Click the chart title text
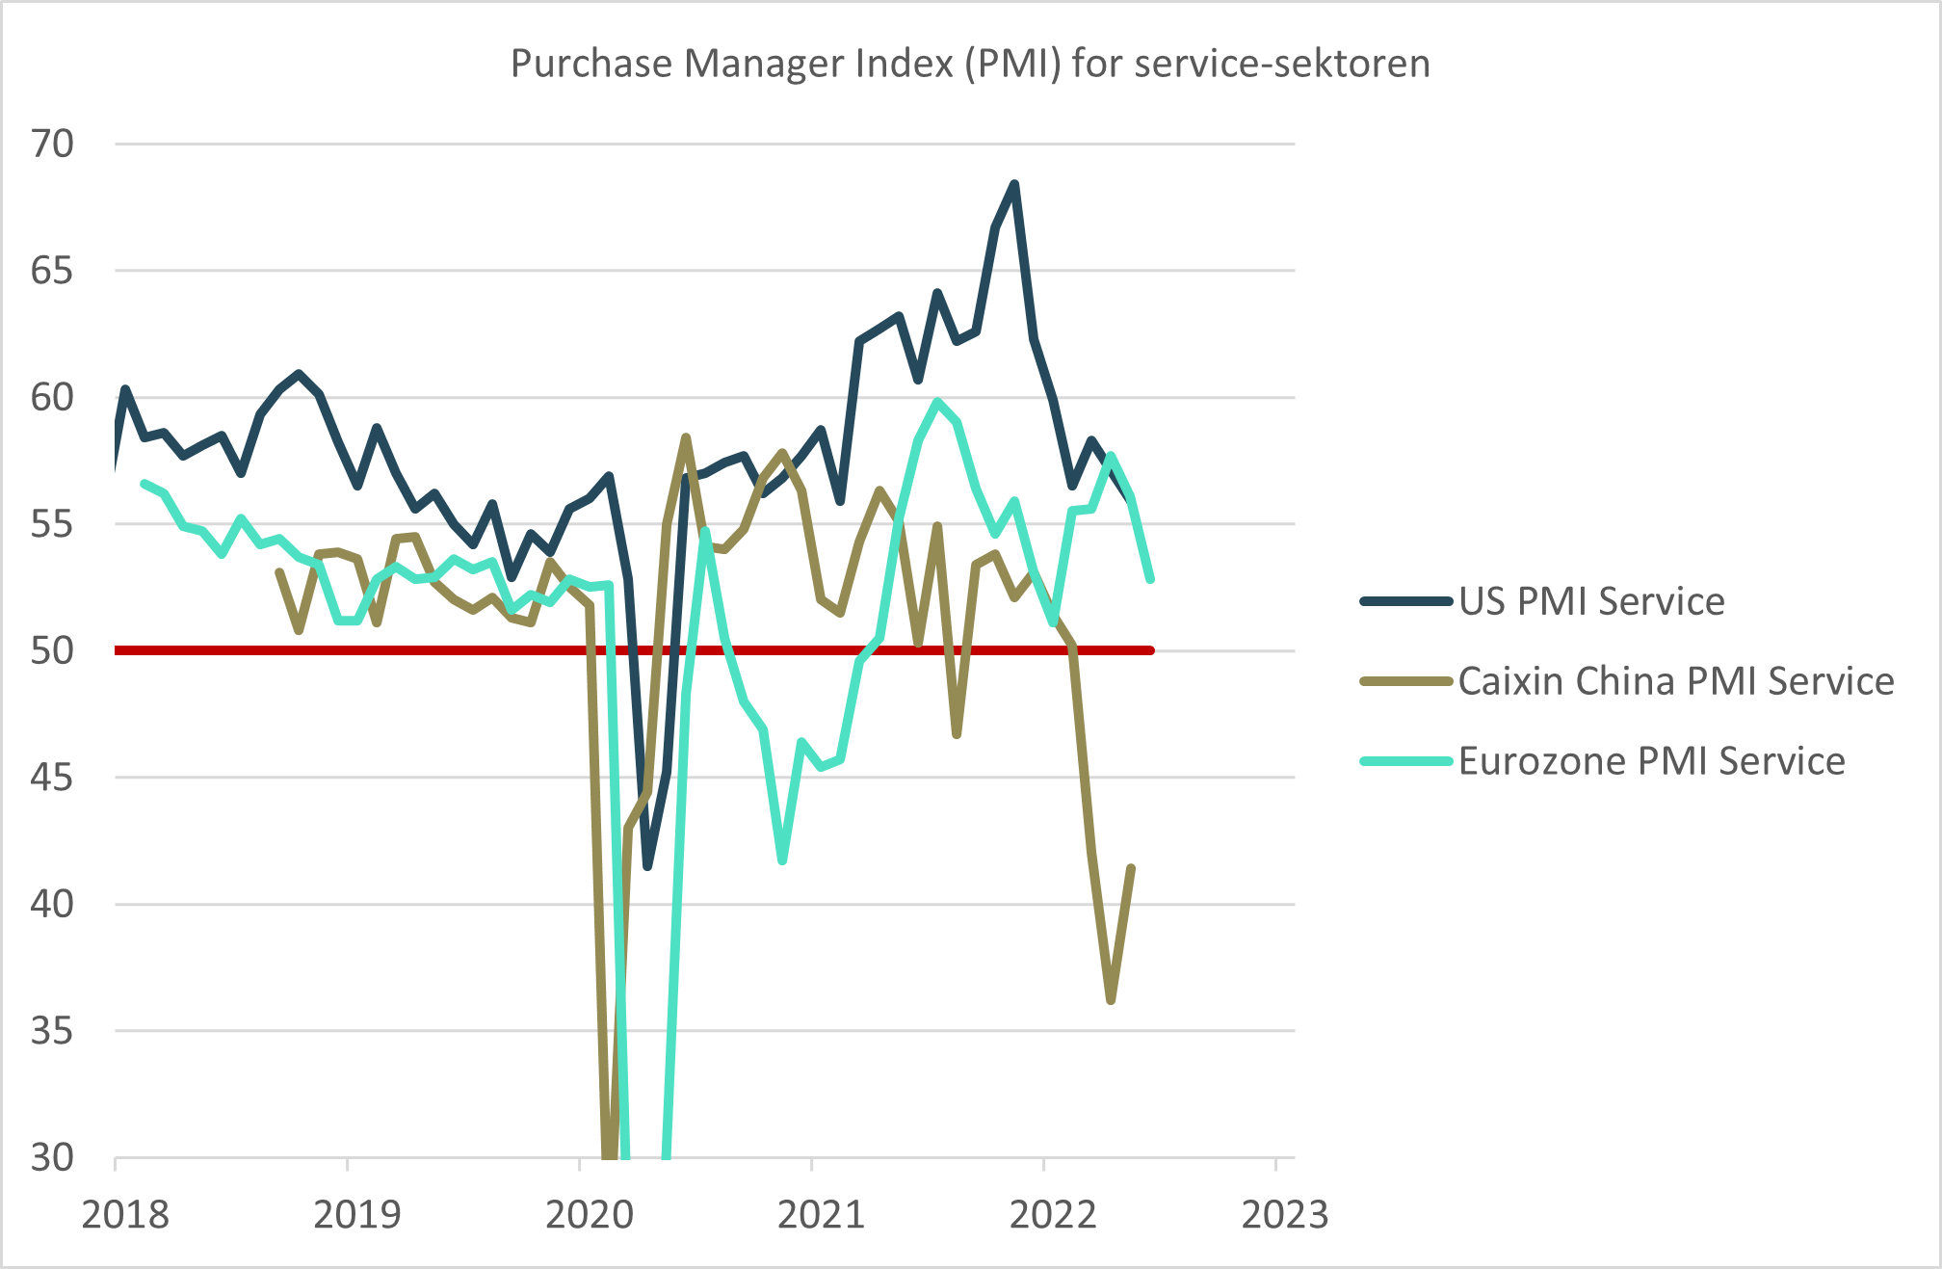pos(970,64)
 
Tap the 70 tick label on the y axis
pos(52,145)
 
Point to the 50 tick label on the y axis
pos(52,651)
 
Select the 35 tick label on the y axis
pos(52,1031)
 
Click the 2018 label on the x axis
pos(125,1215)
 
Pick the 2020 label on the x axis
pos(590,1215)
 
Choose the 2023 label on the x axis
pos(1285,1215)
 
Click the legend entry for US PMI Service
pos(1591,601)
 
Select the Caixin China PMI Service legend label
pos(1676,681)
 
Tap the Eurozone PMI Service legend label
pos(1652,761)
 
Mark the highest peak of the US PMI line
pos(1014,183)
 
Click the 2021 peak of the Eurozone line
pos(937,401)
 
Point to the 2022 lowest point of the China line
pos(1111,1001)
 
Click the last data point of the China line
pos(1131,868)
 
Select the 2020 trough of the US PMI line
pos(647,866)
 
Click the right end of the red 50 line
pos(1150,650)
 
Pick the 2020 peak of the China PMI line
pos(686,437)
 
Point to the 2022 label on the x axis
pos(1053,1215)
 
